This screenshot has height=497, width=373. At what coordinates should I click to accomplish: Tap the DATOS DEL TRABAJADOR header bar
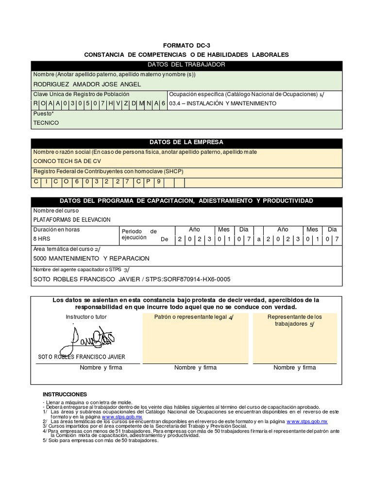[186, 65]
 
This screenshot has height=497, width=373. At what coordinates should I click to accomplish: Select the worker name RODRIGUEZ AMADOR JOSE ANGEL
[86, 84]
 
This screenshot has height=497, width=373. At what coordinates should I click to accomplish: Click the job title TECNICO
[46, 123]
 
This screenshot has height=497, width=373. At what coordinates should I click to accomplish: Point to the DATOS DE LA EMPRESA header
[186, 142]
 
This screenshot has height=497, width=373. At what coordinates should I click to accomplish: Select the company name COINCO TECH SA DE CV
[67, 161]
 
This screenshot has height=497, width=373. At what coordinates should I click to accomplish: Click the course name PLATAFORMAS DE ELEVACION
[72, 219]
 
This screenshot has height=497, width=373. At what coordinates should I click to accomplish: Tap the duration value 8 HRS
[41, 239]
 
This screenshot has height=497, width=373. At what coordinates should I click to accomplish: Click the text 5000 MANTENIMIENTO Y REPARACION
[91, 258]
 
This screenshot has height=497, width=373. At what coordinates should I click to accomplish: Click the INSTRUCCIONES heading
[65, 394]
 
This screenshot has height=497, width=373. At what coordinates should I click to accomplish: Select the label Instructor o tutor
[86, 317]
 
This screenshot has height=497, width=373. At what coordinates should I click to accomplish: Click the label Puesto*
[43, 114]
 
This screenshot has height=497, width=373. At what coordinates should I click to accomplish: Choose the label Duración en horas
[56, 229]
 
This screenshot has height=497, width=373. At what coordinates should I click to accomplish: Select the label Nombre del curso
[56, 211]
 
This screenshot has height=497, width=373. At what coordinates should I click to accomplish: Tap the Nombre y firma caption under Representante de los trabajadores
[295, 367]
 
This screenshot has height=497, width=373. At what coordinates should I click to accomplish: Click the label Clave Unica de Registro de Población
[81, 94]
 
